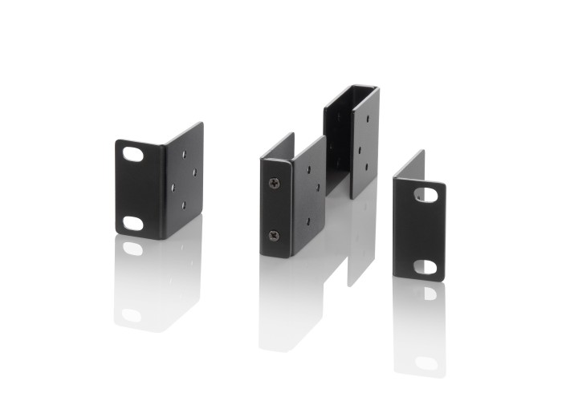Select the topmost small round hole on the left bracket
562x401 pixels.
click(184, 152)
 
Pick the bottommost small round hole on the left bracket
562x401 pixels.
click(183, 205)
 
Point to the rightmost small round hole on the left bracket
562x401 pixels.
click(193, 169)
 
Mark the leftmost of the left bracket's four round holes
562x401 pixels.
click(173, 187)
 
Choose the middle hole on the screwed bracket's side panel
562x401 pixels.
click(317, 188)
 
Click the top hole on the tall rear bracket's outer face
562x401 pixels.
click(367, 117)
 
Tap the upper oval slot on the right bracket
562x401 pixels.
click(426, 195)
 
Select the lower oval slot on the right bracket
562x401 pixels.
click(426, 266)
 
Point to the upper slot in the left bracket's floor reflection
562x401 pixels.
click(132, 249)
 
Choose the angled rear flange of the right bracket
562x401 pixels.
click(409, 167)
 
